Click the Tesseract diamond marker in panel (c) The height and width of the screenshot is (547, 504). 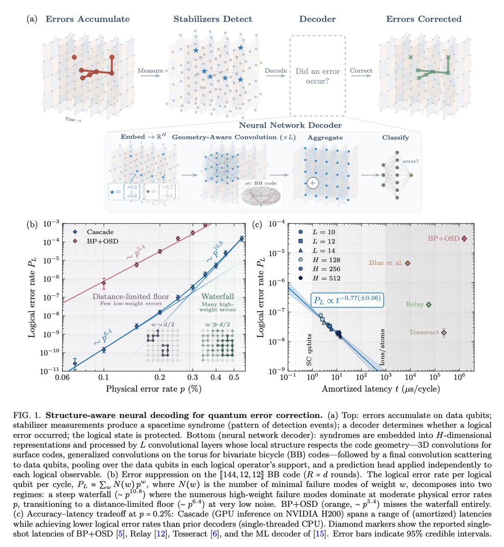pos(444,333)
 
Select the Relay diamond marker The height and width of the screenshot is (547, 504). pos(428,304)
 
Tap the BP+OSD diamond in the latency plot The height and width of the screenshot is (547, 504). pos(464,238)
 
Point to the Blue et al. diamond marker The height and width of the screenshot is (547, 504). pos(408,263)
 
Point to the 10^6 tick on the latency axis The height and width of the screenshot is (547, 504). pos(459,377)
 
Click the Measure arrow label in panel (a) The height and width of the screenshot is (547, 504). pos(150,71)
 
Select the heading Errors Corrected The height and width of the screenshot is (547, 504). pos(423,19)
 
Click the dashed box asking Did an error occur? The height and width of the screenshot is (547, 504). pos(318,76)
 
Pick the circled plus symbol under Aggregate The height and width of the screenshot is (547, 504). pos(312,183)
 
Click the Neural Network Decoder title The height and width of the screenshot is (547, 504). pos(290,125)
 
